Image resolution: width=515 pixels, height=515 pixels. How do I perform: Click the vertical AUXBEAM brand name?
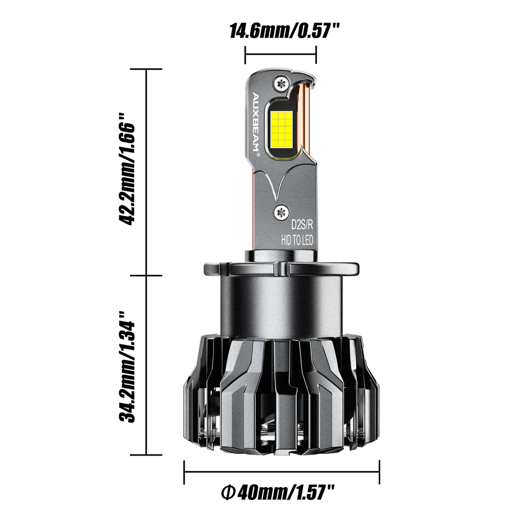(255, 121)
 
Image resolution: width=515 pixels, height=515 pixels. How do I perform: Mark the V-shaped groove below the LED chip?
(281, 182)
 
